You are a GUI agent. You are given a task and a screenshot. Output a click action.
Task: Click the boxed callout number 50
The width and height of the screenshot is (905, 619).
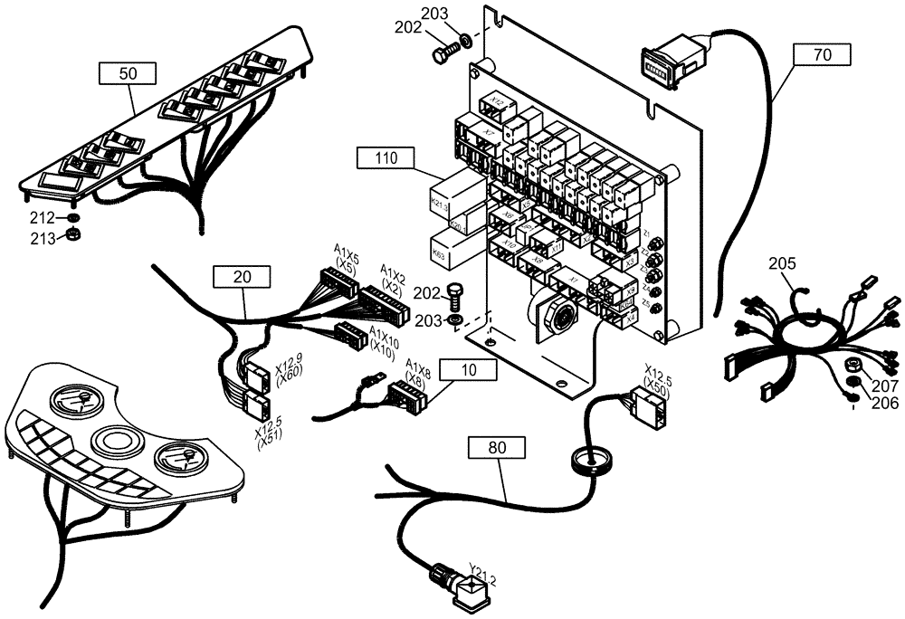click(129, 73)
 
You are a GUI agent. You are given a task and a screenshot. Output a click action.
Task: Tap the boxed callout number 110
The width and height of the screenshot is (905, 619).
click(386, 158)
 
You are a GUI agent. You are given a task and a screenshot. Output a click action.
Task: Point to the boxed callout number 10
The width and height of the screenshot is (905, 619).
click(468, 369)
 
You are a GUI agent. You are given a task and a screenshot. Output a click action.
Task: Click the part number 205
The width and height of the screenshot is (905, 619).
click(782, 264)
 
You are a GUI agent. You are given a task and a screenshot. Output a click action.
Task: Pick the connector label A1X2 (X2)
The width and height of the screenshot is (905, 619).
click(393, 275)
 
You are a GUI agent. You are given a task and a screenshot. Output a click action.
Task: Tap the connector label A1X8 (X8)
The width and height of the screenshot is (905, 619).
click(418, 371)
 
